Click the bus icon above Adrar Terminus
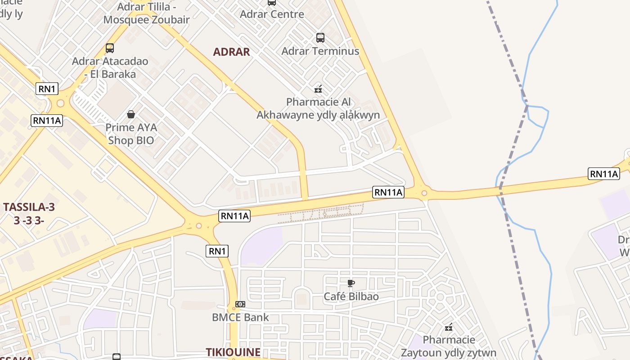pyautogui.click(x=320, y=38)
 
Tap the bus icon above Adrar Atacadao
pyautogui.click(x=109, y=48)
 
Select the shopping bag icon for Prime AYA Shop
pyautogui.click(x=131, y=114)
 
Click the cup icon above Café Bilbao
pyautogui.click(x=351, y=283)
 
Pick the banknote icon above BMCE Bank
pyautogui.click(x=240, y=304)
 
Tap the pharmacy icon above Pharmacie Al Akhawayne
pyautogui.click(x=318, y=89)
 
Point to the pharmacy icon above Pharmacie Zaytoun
pyautogui.click(x=448, y=327)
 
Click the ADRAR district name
pyautogui.click(x=231, y=52)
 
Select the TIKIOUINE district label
pyautogui.click(x=233, y=352)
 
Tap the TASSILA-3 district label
pyautogui.click(x=29, y=207)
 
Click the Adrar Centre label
pyautogui.click(x=272, y=14)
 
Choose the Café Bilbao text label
pyautogui.click(x=351, y=297)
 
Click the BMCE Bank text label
pyautogui.click(x=240, y=317)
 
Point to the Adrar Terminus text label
pyautogui.click(x=320, y=51)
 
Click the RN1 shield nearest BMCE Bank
pyautogui.click(x=217, y=251)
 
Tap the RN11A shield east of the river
pyautogui.click(x=603, y=174)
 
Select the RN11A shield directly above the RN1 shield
pyautogui.click(x=234, y=216)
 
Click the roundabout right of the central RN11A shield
pyautogui.click(x=424, y=193)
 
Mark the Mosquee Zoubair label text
pyautogui.click(x=146, y=20)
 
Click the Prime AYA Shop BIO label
pyautogui.click(x=131, y=134)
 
